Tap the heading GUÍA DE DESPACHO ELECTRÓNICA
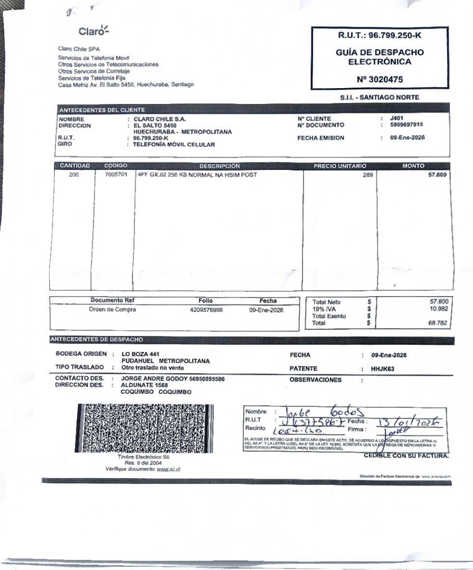380,57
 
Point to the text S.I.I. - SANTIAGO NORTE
380,97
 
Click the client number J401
397,119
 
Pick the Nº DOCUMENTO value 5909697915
406,125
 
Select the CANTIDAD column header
74,166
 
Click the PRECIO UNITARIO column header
340,166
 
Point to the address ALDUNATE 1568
145,385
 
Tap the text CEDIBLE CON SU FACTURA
406,455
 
